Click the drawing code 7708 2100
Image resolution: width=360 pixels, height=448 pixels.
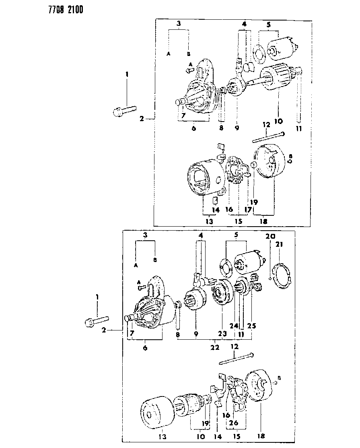66,9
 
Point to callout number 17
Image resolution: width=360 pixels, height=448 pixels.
248,210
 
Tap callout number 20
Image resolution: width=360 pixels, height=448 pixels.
270,236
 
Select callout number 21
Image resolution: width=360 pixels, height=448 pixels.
280,245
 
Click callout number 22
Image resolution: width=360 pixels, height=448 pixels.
215,347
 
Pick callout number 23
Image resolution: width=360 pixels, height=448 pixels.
222,333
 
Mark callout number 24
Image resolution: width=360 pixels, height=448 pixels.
234,326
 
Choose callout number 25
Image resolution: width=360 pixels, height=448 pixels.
251,326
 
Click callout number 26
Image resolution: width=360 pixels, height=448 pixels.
234,423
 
